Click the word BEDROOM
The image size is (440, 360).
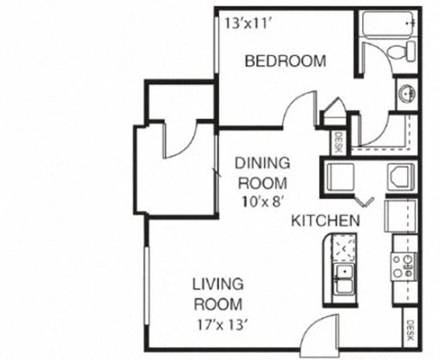click(x=285, y=62)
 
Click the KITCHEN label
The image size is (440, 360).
click(x=325, y=223)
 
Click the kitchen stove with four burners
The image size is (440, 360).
click(x=403, y=267)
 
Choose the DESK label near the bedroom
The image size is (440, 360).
click(x=339, y=142)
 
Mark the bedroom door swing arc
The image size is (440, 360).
click(x=300, y=110)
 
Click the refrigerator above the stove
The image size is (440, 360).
click(x=401, y=217)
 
